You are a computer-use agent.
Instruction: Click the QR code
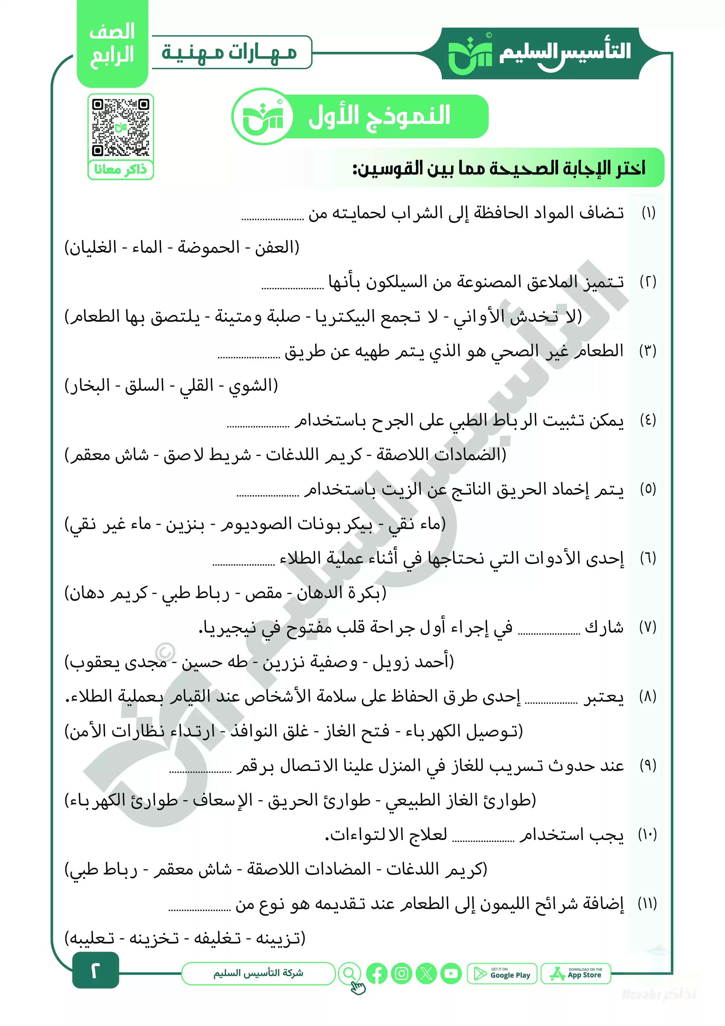121,127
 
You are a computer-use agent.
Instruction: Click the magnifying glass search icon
349,973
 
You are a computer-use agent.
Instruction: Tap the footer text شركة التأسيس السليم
258,973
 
